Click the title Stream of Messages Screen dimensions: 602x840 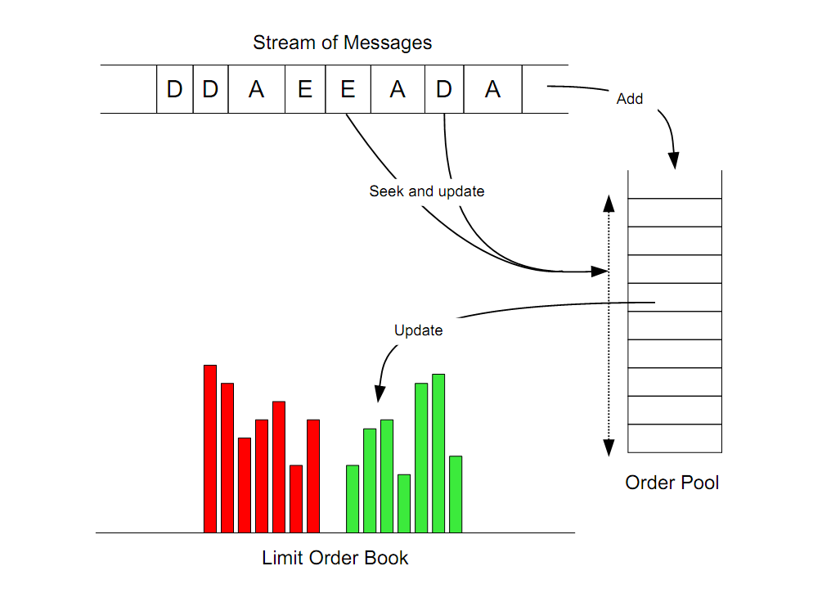tap(342, 43)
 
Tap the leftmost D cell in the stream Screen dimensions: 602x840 tap(175, 89)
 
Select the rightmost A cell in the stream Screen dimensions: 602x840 tap(492, 89)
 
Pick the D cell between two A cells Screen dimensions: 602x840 tap(444, 89)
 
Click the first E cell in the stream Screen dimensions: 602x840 tap(305, 89)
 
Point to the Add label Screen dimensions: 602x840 tap(630, 99)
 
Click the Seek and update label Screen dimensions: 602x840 tap(427, 191)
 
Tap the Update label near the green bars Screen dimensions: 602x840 tap(418, 330)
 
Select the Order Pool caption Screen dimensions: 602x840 tap(672, 483)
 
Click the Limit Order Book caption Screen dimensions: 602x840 tap(335, 559)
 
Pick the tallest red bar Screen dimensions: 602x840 tap(210, 448)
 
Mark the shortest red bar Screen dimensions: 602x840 tap(296, 498)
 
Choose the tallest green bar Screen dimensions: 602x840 tap(438, 452)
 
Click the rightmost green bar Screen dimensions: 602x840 tap(456, 493)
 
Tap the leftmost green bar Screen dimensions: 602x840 tap(353, 498)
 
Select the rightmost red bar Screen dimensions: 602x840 tap(313, 475)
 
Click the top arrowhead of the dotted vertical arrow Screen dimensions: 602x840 tap(609, 202)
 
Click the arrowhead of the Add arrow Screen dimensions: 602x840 tap(675, 161)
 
